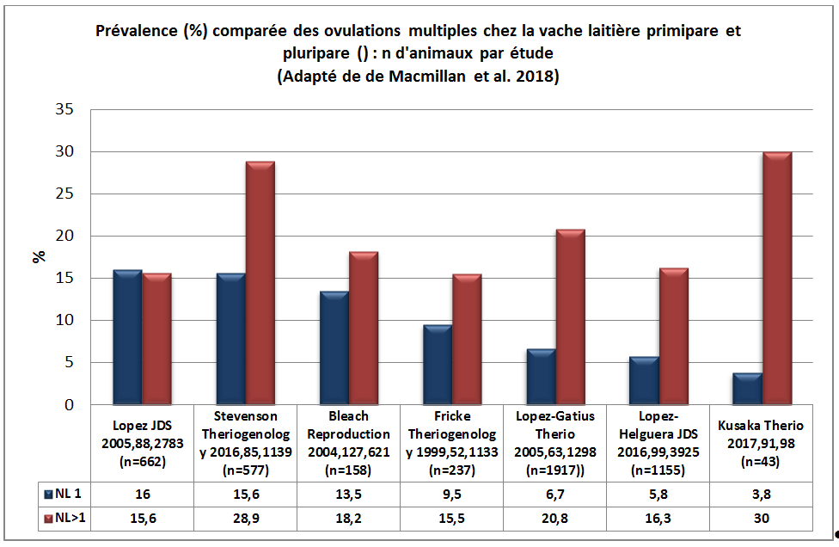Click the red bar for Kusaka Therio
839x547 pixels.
pos(777,279)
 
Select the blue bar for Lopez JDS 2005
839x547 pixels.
pos(127,338)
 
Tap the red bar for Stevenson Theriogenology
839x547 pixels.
pos(260,284)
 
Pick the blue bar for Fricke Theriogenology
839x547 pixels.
pos(438,366)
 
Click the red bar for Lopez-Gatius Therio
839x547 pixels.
pos(570,317)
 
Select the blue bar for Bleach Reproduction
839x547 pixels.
pos(334,348)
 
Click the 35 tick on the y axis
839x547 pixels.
pos(64,110)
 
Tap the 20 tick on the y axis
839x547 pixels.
pos(64,237)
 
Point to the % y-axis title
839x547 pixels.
pos(40,256)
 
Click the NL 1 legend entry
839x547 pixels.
pos(65,494)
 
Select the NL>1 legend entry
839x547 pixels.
pos(65,519)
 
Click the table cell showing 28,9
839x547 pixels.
pos(246,519)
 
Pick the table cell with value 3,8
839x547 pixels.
pos(761,494)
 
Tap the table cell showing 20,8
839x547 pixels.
pos(554,519)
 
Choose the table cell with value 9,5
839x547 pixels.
pos(451,494)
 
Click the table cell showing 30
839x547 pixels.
pos(761,519)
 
